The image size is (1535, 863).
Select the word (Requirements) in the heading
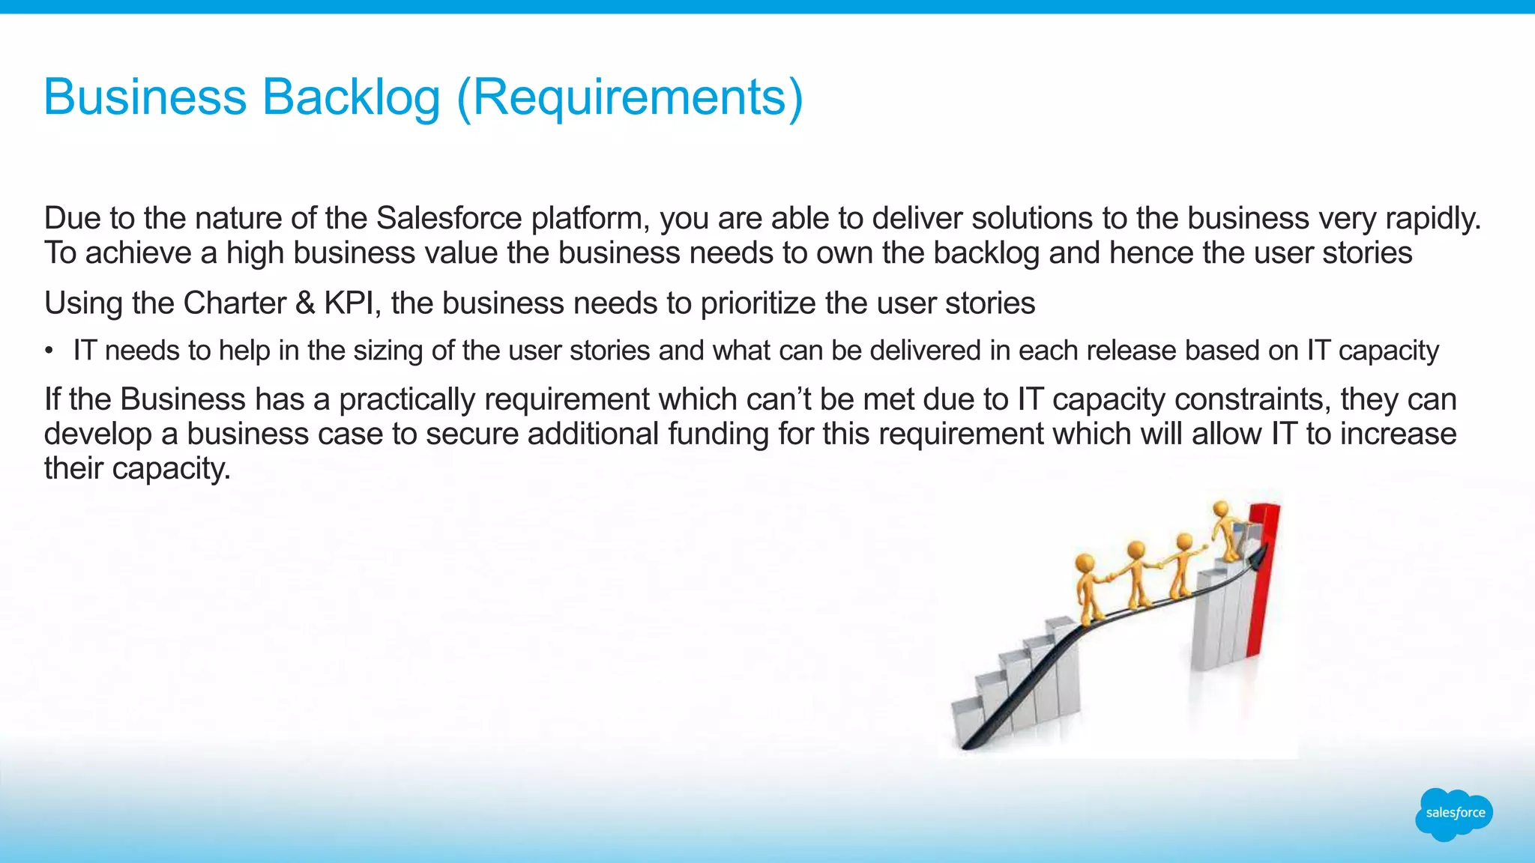pyautogui.click(x=630, y=97)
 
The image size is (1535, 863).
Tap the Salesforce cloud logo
pyautogui.click(x=1454, y=814)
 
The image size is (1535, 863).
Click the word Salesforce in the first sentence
pyautogui.click(x=448, y=218)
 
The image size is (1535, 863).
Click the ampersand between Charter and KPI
pyautogui.click(x=305, y=303)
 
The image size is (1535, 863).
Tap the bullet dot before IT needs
pyautogui.click(x=49, y=351)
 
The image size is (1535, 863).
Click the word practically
pyautogui.click(x=406, y=399)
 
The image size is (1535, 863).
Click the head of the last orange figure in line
pyautogui.click(x=1085, y=563)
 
